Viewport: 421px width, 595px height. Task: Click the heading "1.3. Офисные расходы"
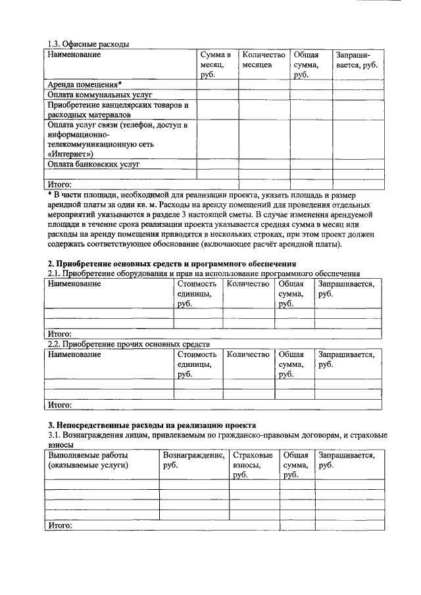(87, 44)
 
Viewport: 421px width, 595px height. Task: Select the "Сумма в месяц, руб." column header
(216, 65)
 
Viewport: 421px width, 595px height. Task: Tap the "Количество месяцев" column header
(263, 60)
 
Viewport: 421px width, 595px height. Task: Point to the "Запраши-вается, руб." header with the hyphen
(356, 60)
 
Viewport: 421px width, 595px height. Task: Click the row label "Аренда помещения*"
(84, 85)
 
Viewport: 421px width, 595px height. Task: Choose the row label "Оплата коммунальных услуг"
(95, 95)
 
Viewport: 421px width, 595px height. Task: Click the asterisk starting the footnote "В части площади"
(50, 195)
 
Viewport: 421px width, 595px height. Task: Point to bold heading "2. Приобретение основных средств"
(168, 264)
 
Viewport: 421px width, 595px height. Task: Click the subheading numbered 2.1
(204, 273)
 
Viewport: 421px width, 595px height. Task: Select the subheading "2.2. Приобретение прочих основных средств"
(129, 344)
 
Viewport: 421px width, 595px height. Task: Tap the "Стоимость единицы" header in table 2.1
(196, 293)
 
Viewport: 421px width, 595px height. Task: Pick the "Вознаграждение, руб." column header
(193, 460)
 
